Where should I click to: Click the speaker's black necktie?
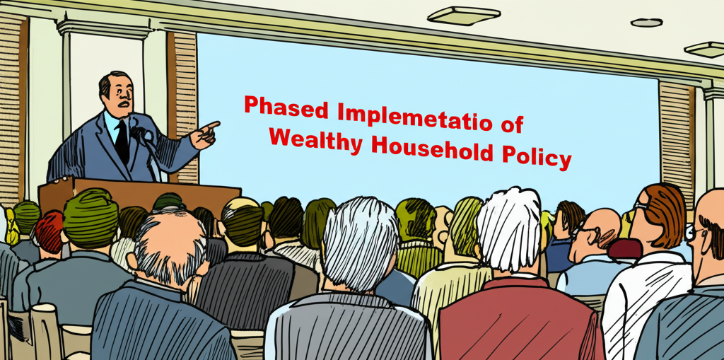[x=122, y=141]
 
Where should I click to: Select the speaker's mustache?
[x=123, y=104]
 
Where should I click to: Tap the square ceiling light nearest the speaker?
[x=463, y=16]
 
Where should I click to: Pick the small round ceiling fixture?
[x=646, y=22]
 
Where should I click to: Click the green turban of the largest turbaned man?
[x=91, y=217]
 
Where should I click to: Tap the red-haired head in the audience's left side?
[x=49, y=232]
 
